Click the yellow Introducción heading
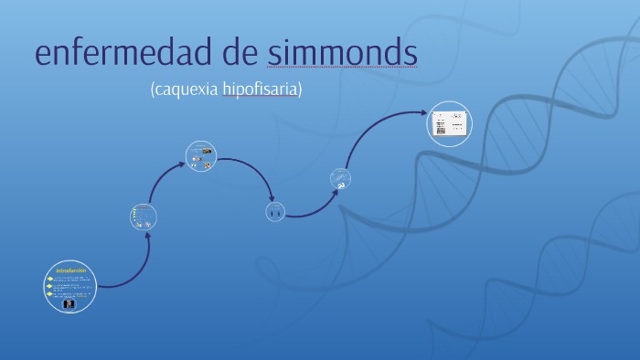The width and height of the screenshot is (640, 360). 70,270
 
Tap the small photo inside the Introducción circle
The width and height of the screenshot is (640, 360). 69,304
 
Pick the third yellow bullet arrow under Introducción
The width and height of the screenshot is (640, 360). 50,294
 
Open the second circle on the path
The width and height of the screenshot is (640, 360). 144,217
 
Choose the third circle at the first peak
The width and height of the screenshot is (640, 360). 200,156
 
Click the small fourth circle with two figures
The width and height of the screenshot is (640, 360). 275,212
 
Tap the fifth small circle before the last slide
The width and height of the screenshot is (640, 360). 340,180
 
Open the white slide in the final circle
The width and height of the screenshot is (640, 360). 450,122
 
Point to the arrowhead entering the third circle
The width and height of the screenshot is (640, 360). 185,164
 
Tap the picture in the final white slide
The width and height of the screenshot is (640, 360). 439,130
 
